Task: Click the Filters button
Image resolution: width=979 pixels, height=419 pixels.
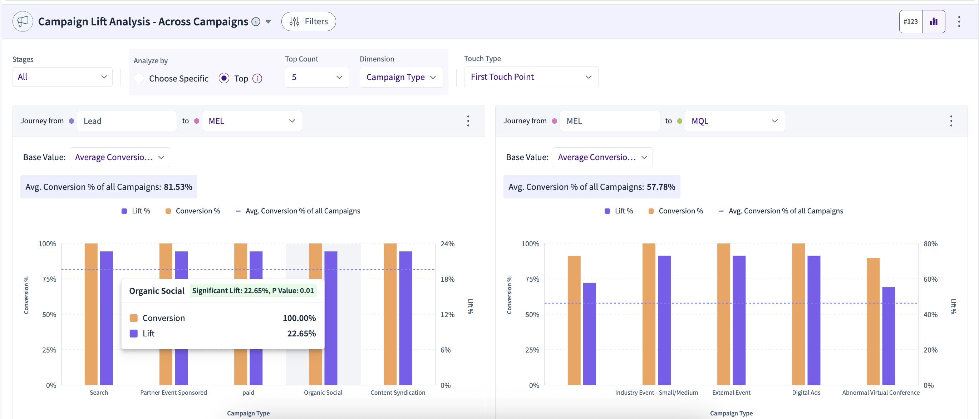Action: tap(308, 21)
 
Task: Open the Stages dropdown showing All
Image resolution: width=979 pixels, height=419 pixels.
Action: tap(62, 77)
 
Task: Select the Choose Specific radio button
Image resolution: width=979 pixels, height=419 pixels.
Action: tap(139, 78)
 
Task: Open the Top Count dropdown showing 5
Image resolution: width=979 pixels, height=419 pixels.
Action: tap(316, 77)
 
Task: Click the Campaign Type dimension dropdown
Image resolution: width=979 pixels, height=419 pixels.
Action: tap(401, 77)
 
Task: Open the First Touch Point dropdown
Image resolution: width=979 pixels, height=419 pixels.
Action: tap(531, 77)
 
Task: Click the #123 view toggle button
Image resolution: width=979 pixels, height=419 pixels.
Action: tap(911, 21)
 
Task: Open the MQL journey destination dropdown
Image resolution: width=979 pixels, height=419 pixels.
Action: tap(735, 121)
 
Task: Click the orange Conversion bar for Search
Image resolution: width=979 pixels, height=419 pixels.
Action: tap(91, 314)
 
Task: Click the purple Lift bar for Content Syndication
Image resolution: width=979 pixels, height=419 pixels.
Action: tap(405, 318)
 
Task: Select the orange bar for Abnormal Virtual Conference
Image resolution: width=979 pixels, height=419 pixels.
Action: tap(873, 321)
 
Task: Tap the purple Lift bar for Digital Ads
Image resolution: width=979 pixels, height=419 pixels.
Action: tap(814, 320)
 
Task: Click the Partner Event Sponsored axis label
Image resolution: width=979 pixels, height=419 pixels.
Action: tap(174, 393)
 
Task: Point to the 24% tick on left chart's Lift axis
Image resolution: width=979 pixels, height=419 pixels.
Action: tap(447, 243)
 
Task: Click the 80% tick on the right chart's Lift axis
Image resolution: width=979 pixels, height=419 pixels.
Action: tap(930, 243)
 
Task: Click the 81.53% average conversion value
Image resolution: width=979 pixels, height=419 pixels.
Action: tap(178, 187)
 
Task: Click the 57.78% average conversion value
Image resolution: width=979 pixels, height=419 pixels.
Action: tap(661, 187)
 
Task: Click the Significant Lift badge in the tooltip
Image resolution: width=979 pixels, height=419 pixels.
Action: tap(253, 291)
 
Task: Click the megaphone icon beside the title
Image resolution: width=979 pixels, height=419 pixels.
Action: tap(23, 21)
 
